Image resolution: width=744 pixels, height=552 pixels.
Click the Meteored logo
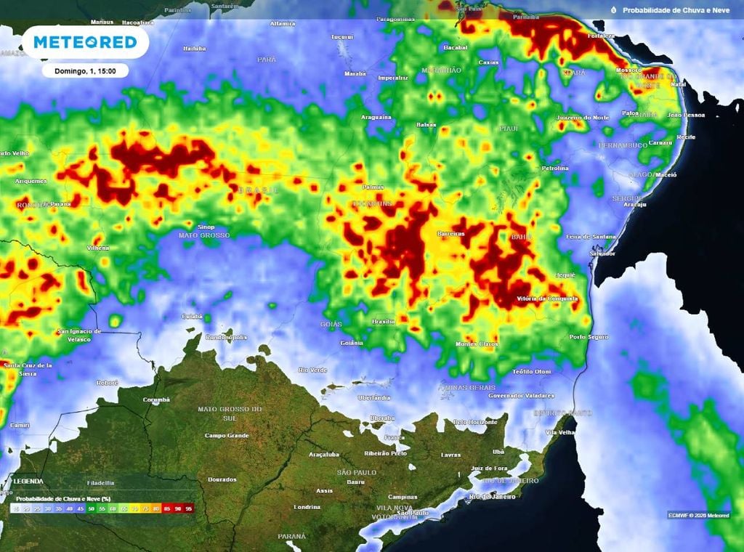coord(85,42)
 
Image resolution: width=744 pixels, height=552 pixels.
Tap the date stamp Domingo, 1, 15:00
coord(85,70)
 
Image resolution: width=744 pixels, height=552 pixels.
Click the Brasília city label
coord(383,321)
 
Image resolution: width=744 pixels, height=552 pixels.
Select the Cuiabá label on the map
coord(192,317)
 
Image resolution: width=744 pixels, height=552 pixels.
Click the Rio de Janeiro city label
coord(492,496)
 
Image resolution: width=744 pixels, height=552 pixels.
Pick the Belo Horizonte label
coord(475,422)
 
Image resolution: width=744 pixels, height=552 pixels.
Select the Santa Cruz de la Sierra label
coord(28,369)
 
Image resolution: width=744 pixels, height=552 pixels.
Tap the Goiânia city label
coord(352,343)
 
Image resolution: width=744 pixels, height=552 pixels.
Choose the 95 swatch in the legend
coord(190,509)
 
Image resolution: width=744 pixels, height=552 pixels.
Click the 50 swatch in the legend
coord(92,509)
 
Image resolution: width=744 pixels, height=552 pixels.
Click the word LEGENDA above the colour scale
coord(28,482)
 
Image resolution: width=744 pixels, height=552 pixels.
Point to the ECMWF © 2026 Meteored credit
coord(698,515)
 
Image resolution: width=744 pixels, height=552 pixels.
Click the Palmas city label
coord(373,187)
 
